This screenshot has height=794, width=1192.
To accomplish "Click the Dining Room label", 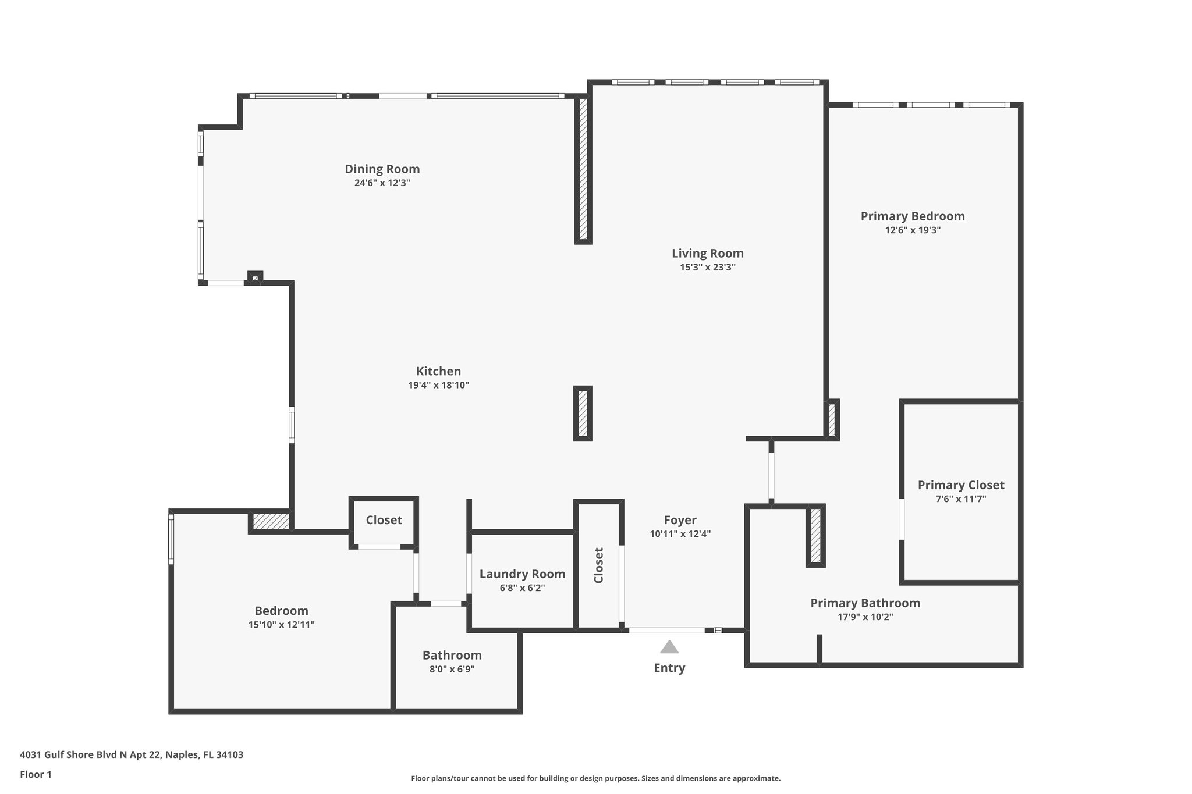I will (x=382, y=169).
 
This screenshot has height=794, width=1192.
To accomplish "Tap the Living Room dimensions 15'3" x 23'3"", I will (x=707, y=268).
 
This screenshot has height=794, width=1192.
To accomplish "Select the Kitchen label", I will (x=438, y=371).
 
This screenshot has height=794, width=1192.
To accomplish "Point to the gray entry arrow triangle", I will (x=669, y=647).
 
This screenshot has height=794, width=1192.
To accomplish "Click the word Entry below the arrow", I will (x=669, y=668).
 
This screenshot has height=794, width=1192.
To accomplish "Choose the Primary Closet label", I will (x=960, y=485).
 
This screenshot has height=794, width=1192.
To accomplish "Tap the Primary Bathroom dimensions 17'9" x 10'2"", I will (x=865, y=617).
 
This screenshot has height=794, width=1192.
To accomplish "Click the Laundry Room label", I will (x=522, y=574).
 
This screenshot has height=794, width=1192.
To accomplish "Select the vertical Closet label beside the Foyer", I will (x=598, y=565).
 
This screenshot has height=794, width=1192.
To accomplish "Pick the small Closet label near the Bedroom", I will (x=384, y=520).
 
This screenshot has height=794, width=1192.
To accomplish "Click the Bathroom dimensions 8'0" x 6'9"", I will (x=452, y=669).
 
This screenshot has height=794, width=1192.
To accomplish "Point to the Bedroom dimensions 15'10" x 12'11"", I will (x=281, y=625).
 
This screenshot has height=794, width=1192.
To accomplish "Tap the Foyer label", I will (x=680, y=520).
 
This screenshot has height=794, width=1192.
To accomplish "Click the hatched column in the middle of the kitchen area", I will (x=583, y=414).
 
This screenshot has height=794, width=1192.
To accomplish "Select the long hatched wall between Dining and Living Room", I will (x=583, y=169).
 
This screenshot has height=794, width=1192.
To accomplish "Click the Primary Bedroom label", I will (x=912, y=216).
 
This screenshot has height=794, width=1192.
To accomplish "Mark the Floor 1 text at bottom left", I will (x=36, y=774).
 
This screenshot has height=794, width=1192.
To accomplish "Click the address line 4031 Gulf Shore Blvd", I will (x=132, y=754).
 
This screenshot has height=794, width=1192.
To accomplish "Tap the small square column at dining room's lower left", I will (x=255, y=278).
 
